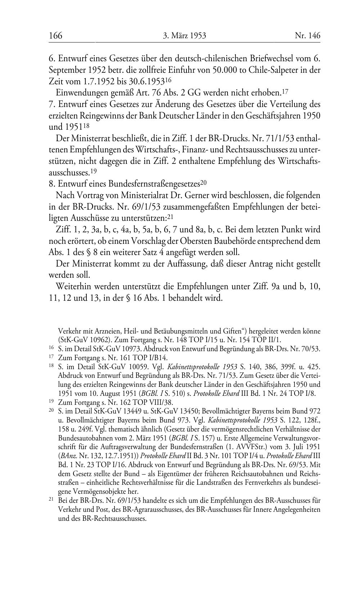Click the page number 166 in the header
56,36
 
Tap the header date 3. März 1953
184,36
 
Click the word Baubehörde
220,241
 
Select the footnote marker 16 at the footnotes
51,349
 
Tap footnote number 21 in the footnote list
51,500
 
